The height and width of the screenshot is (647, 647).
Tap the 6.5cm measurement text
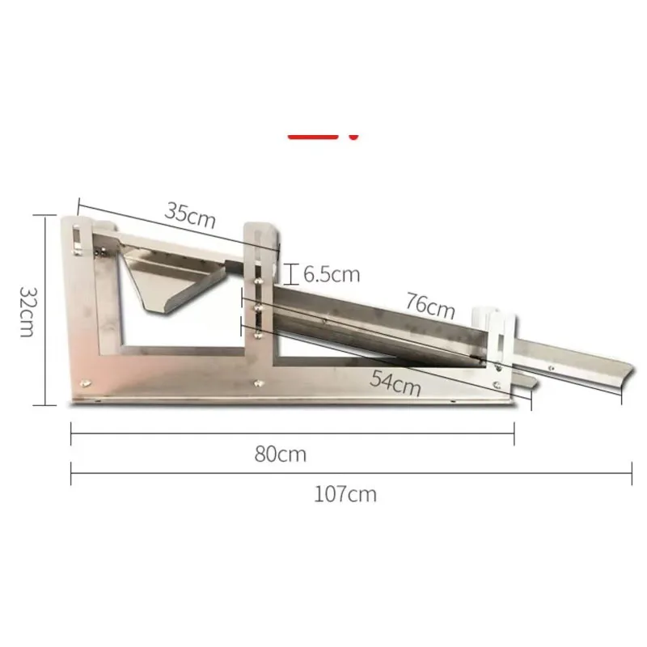pos(331,274)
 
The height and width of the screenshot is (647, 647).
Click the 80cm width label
pos(281,454)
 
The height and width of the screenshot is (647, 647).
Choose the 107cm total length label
pos(345,493)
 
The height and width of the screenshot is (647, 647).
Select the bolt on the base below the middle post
pos(258,383)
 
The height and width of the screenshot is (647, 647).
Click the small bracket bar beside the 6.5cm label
pos(290,274)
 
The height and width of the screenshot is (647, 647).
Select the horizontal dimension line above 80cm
pos(292,434)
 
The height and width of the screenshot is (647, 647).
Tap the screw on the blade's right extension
pos(551,367)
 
